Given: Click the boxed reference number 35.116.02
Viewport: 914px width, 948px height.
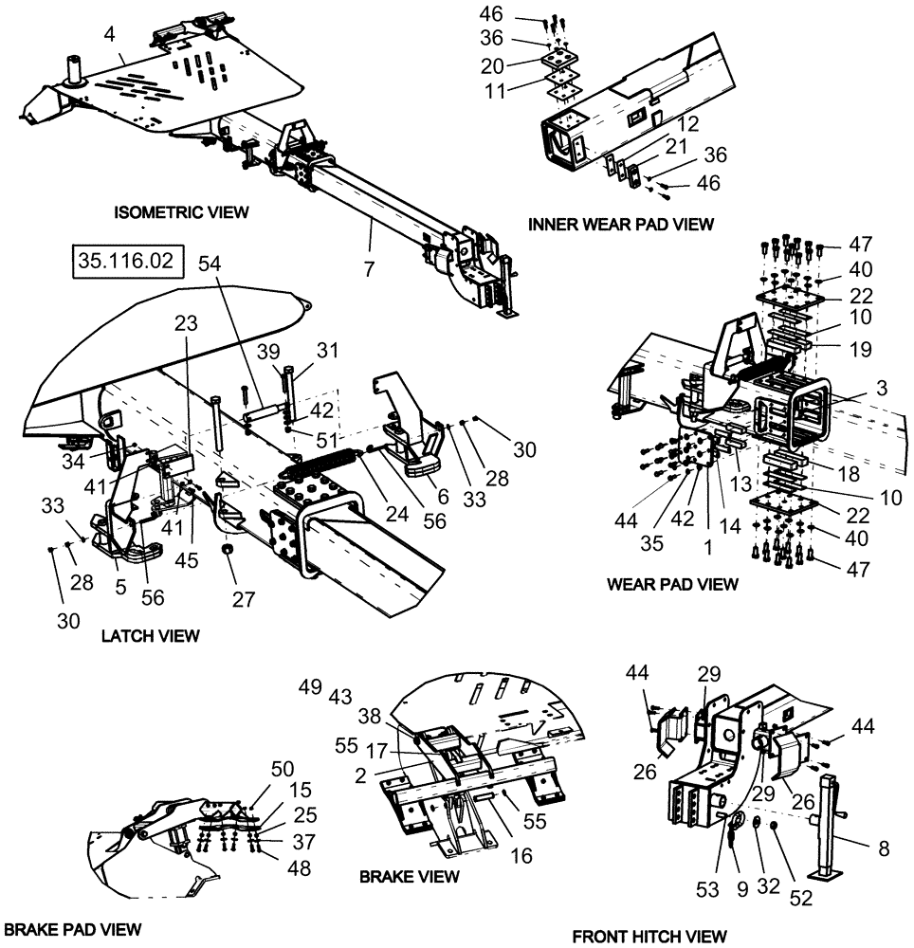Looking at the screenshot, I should click(x=124, y=262).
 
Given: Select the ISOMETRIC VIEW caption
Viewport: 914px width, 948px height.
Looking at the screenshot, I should click(x=181, y=211).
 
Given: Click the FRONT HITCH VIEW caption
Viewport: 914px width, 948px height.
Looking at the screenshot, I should click(x=649, y=937).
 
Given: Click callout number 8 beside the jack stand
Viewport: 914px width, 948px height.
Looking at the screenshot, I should click(x=884, y=848).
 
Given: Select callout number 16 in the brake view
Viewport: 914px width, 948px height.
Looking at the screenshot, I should click(x=520, y=856).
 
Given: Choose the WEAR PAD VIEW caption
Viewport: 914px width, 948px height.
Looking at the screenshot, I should click(x=671, y=585).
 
